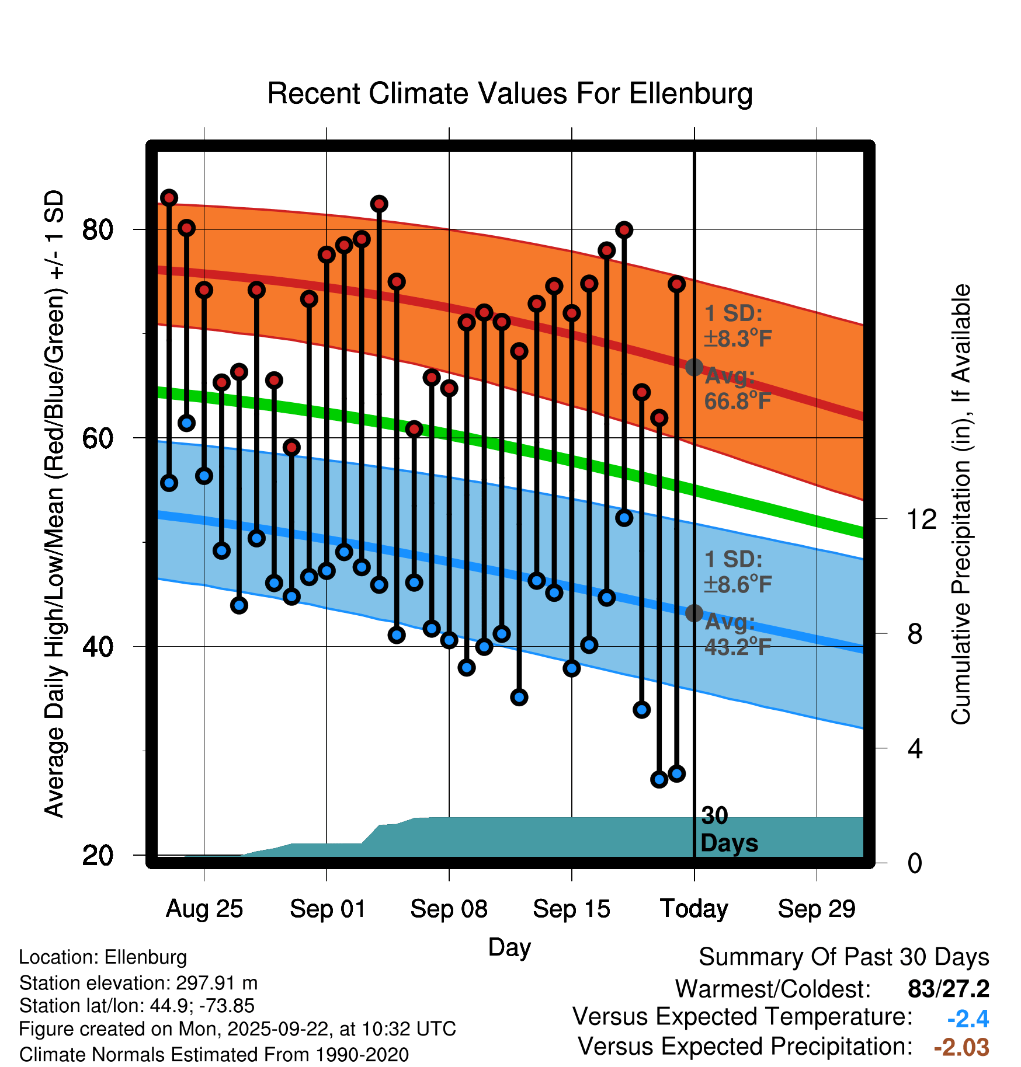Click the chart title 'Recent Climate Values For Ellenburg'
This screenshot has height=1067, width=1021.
click(x=510, y=94)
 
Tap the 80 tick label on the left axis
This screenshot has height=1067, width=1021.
click(x=98, y=230)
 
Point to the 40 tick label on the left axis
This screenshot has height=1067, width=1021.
click(x=98, y=647)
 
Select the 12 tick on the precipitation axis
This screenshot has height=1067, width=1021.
click(x=922, y=519)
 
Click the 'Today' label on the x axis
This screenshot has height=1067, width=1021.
click(x=694, y=909)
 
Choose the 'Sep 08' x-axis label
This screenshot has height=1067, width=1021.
click(x=449, y=909)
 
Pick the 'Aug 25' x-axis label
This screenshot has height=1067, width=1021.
click(x=204, y=909)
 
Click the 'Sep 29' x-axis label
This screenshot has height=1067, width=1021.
click(x=817, y=909)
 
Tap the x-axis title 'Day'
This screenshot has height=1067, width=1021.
click(x=509, y=947)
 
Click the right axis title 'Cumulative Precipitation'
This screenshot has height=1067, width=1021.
click(x=961, y=505)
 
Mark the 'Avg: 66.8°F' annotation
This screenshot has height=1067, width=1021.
click(x=737, y=389)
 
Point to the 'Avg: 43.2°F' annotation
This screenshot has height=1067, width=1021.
click(x=737, y=634)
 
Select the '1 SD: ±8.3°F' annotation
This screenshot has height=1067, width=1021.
click(x=737, y=326)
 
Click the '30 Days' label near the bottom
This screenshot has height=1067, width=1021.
click(x=729, y=829)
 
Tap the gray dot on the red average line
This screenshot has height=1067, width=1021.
click(x=694, y=367)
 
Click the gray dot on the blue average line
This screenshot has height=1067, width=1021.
click(x=694, y=613)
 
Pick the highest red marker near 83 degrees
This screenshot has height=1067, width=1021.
click(x=169, y=198)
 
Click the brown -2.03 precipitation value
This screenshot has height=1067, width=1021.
click(x=961, y=1047)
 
